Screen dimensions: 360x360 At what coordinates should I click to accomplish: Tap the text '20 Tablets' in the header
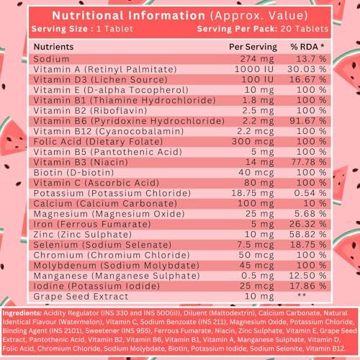point(310,28)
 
